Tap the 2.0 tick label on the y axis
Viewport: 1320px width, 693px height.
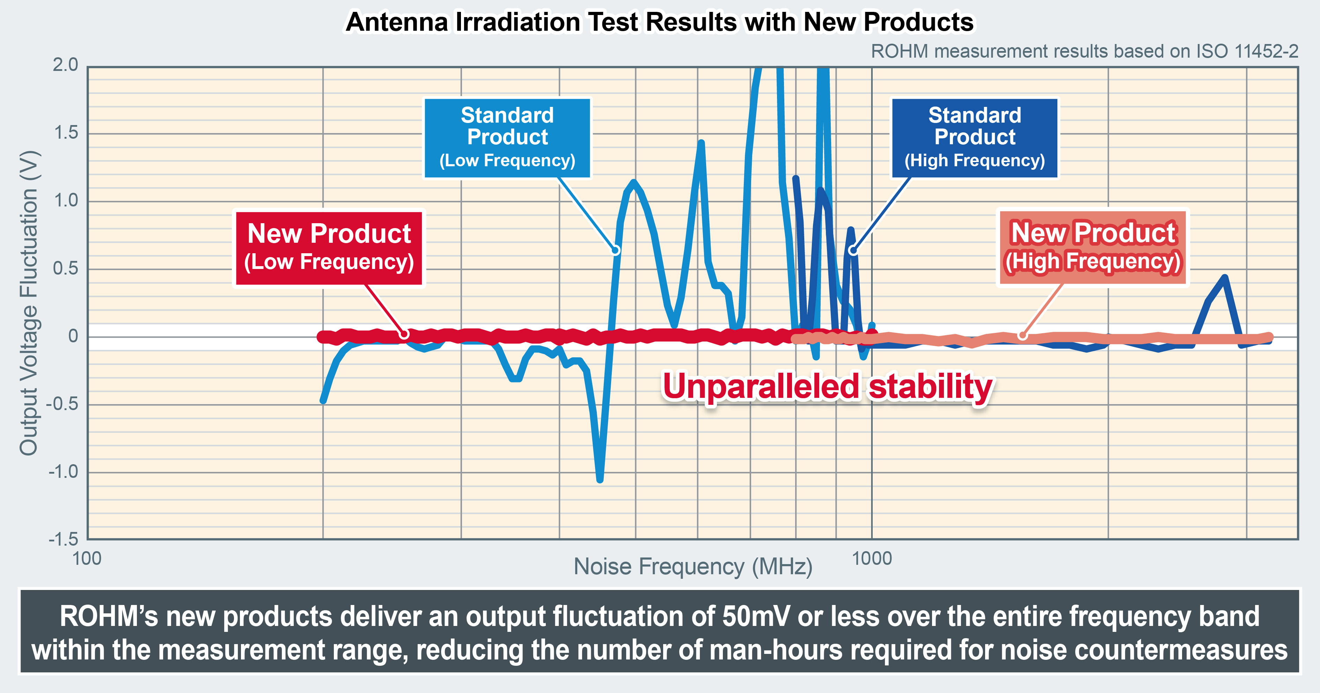[66, 65]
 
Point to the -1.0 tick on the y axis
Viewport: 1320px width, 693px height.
[64, 472]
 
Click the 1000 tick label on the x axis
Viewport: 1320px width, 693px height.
[872, 558]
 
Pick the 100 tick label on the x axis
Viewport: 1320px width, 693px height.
[87, 558]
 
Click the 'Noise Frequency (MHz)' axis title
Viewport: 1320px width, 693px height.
[693, 567]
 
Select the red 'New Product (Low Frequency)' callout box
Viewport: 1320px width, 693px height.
[329, 248]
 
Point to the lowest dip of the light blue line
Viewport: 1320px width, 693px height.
[600, 479]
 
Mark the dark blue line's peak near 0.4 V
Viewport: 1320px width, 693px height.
[1224, 278]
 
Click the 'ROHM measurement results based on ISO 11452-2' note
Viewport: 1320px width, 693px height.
[1084, 51]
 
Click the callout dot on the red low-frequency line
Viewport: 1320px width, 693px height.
[404, 334]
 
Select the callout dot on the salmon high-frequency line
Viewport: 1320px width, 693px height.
[1022, 335]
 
